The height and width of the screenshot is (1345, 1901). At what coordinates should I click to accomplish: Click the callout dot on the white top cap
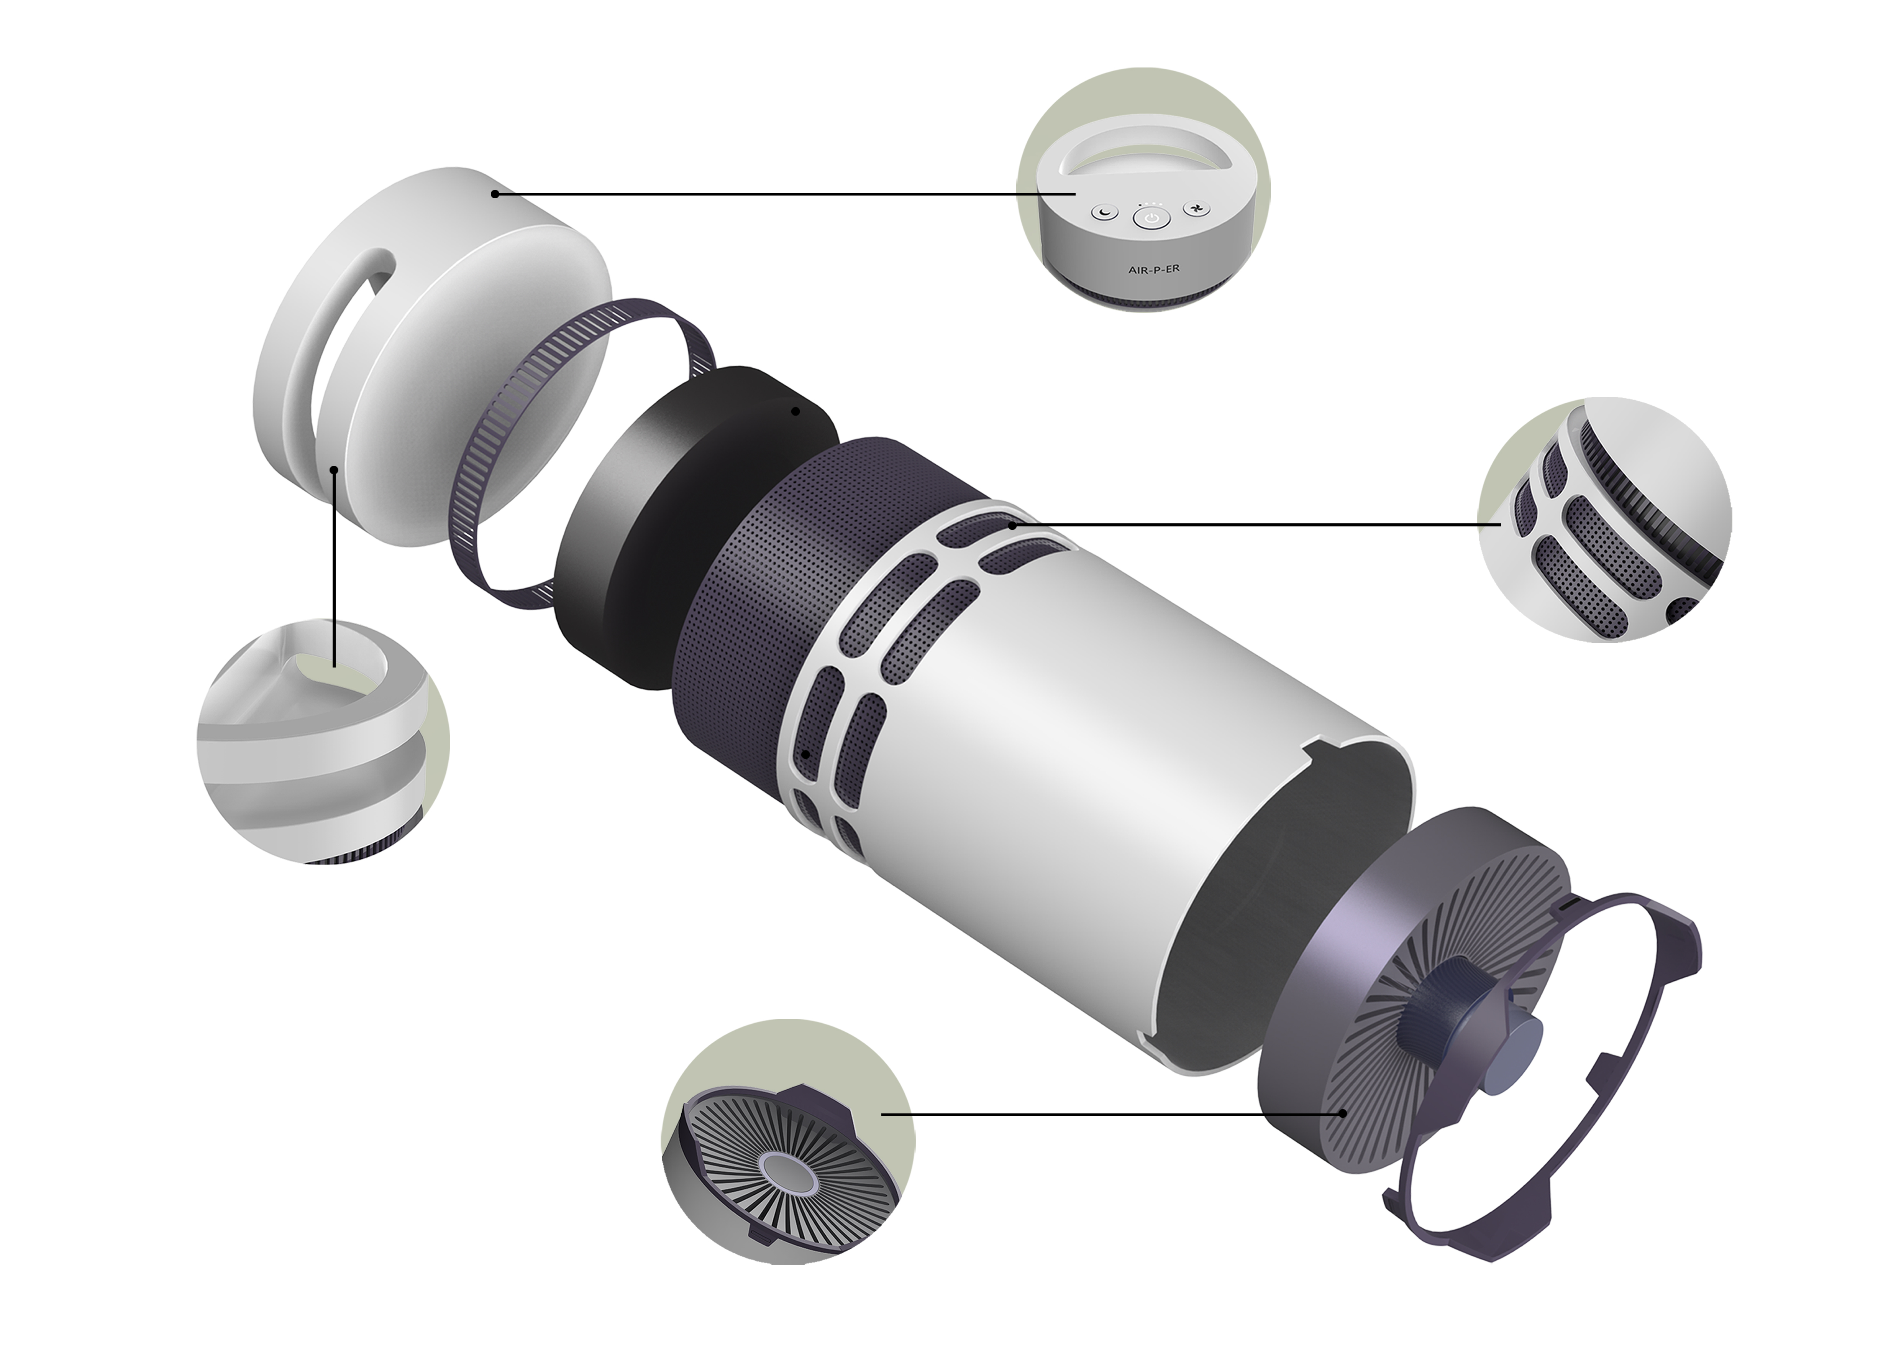[x=494, y=194]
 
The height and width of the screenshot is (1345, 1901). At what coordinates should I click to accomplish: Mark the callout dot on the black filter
[x=795, y=411]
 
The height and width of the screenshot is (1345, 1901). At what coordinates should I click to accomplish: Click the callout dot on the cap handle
[x=334, y=470]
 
